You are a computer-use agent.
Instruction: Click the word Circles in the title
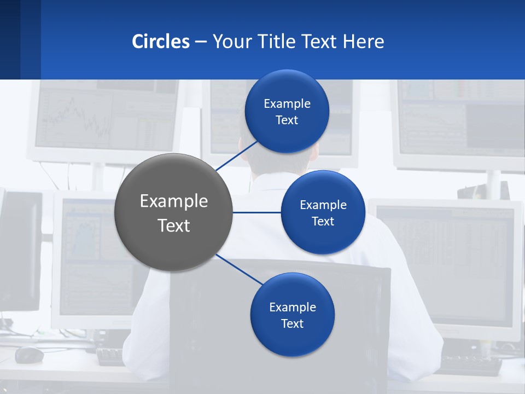[161, 42]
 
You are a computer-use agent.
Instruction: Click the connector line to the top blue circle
[238, 155]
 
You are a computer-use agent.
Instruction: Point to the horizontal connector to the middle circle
[256, 212]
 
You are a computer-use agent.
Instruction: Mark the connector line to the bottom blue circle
[240, 270]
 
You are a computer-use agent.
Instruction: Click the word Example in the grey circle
[173, 201]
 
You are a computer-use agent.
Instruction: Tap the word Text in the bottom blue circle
[292, 323]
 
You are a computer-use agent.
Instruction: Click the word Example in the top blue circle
[287, 103]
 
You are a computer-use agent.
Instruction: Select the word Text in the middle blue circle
[323, 221]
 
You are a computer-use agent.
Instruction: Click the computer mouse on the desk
[29, 355]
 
